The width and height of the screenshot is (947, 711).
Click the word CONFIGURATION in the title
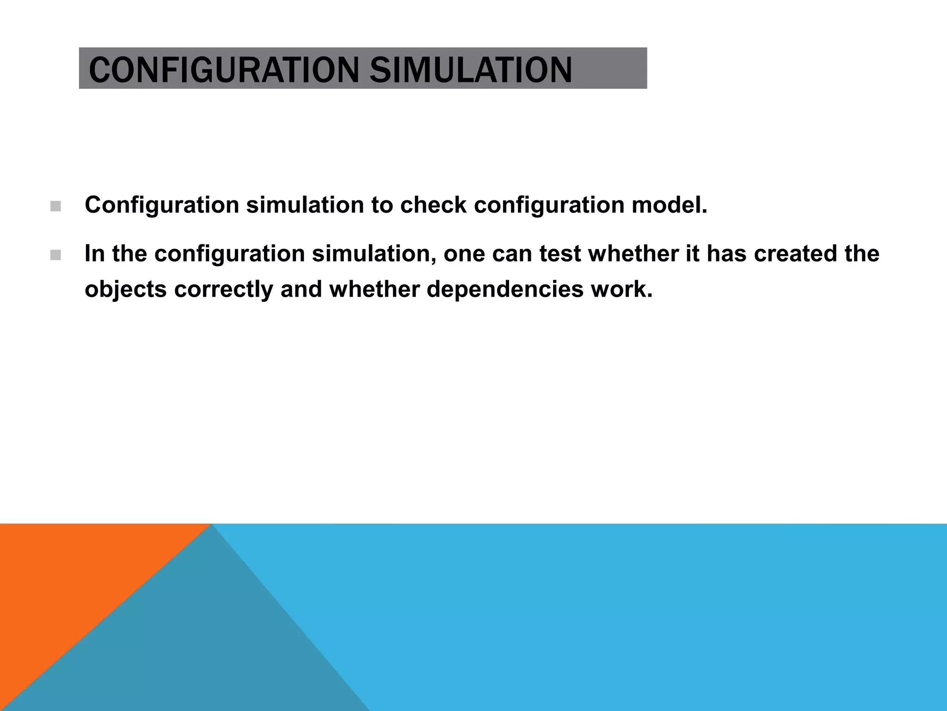[223, 70]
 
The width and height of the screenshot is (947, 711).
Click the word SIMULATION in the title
[471, 70]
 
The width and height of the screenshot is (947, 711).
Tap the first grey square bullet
[55, 206]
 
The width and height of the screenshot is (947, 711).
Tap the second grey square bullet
[55, 255]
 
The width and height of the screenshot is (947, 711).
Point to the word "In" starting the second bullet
[95, 254]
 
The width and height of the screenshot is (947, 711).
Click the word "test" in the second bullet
[560, 254]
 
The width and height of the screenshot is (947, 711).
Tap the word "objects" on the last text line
[125, 290]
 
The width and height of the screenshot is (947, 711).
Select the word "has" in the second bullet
[726, 254]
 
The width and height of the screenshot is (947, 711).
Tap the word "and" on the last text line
[301, 290]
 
